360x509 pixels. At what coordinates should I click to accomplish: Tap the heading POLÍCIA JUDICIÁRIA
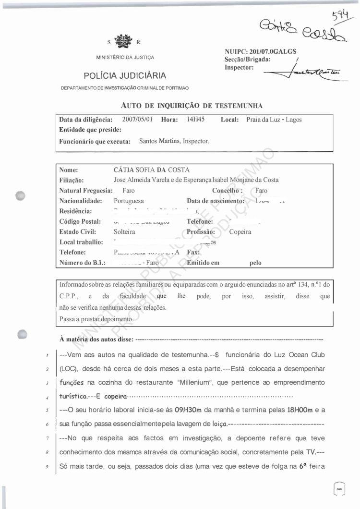pyautogui.click(x=125, y=75)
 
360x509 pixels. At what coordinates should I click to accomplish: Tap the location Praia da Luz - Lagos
pyautogui.click(x=274, y=120)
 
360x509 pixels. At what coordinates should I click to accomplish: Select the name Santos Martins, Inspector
pyautogui.click(x=174, y=142)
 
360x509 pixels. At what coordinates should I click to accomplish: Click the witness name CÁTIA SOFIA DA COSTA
pyautogui.click(x=152, y=170)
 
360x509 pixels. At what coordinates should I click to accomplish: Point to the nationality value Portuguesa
pyautogui.click(x=129, y=201)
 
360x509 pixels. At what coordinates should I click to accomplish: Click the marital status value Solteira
pyautogui.click(x=124, y=231)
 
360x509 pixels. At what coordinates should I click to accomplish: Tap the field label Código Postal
pyautogui.click(x=80, y=221)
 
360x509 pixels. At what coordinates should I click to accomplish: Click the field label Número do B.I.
pyautogui.click(x=82, y=263)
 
